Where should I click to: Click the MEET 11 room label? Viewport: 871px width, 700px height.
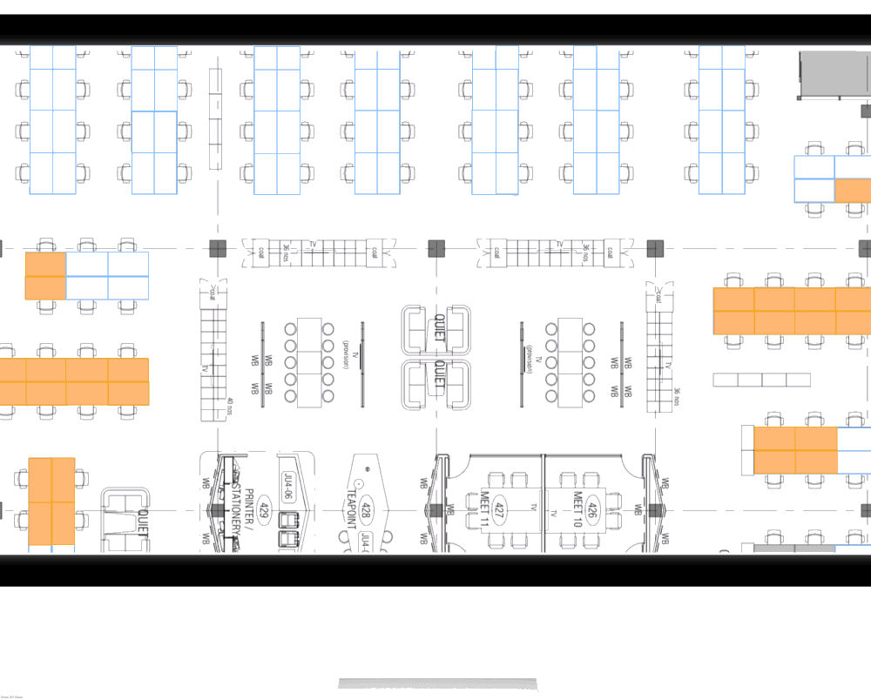(x=485, y=510)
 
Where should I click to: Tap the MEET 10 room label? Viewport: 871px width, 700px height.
(x=577, y=510)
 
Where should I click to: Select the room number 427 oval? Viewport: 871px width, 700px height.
(x=500, y=510)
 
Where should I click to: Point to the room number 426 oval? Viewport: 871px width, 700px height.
(x=592, y=510)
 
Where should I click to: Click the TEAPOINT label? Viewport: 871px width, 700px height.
(x=352, y=511)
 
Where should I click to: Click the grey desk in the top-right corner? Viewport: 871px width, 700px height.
(x=834, y=74)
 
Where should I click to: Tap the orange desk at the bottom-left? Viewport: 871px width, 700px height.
(x=51, y=501)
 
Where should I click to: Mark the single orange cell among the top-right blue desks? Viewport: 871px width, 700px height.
(x=852, y=191)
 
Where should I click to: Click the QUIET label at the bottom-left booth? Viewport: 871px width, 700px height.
(x=140, y=522)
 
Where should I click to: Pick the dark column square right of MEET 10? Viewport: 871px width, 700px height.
(x=654, y=510)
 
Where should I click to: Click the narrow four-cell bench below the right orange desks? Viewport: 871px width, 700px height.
(x=761, y=380)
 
